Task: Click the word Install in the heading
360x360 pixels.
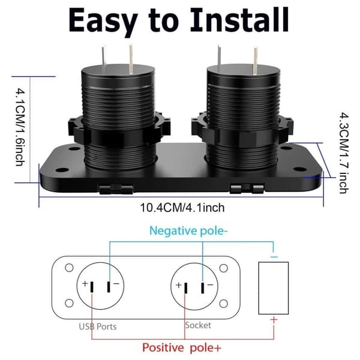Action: pyautogui.click(x=239, y=20)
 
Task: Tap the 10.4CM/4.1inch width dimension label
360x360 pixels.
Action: pyautogui.click(x=182, y=208)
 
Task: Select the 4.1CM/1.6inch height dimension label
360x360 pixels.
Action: pyautogui.click(x=20, y=127)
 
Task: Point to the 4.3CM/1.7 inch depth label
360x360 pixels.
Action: pyautogui.click(x=344, y=153)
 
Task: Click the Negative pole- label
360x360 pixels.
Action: pyautogui.click(x=188, y=231)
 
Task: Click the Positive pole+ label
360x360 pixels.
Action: pyautogui.click(x=182, y=347)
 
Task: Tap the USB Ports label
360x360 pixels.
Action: pyautogui.click(x=98, y=326)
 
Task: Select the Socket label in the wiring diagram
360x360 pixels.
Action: pyautogui.click(x=198, y=325)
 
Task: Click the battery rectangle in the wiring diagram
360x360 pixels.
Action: pyautogui.click(x=274, y=288)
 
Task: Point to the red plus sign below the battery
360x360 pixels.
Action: pyautogui.click(x=274, y=320)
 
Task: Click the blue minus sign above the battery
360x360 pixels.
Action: pyautogui.click(x=274, y=257)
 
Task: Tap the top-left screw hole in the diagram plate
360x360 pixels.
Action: pyautogui.click(x=69, y=268)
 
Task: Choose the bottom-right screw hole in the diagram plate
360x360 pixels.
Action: pyautogui.click(x=223, y=304)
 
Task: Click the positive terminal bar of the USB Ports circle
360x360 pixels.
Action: pyautogui.click(x=92, y=287)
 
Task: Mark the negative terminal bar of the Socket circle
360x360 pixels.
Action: pyautogui.click(x=203, y=288)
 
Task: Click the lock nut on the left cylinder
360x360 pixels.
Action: pyautogui.click(x=119, y=130)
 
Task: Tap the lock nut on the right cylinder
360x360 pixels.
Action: pyautogui.click(x=242, y=130)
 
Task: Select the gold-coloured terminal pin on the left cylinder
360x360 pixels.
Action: pyautogui.click(x=131, y=59)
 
